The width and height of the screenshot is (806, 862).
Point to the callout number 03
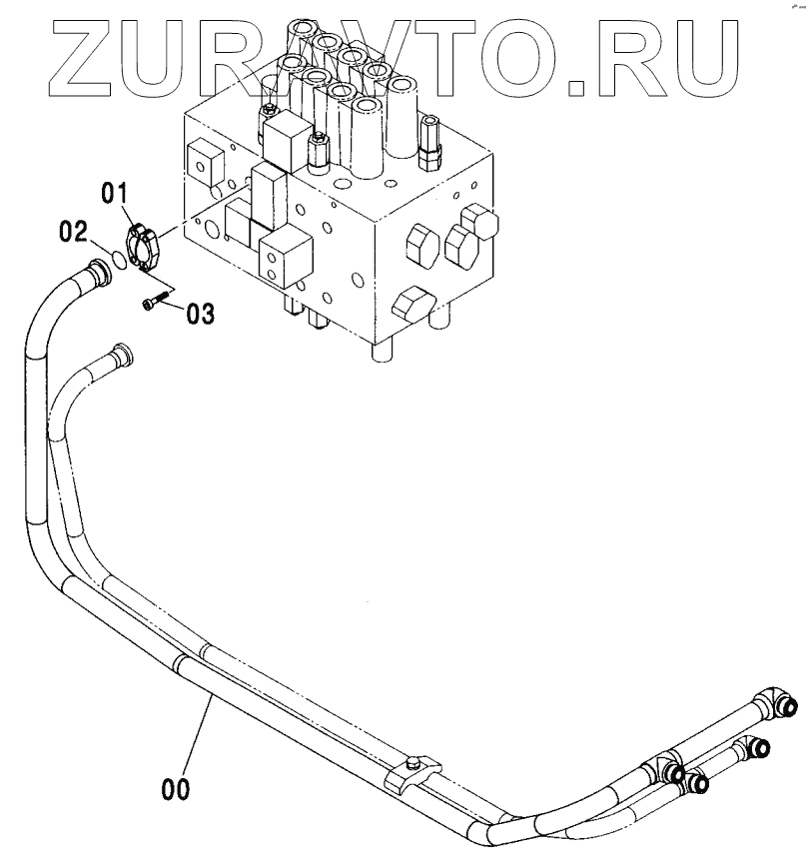200,314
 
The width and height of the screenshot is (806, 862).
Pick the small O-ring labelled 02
118,260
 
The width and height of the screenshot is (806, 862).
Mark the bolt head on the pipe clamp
412,765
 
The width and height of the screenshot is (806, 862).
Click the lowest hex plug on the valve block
412,303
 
